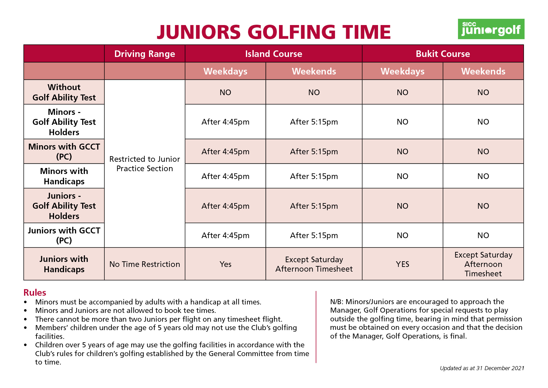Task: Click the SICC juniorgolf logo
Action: point(491,29)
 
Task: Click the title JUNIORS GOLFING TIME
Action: point(274,32)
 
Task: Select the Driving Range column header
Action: point(145,54)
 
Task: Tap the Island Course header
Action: point(273,54)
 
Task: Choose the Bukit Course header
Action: point(442,54)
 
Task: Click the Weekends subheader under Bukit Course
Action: point(483,71)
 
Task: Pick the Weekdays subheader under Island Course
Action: point(225,71)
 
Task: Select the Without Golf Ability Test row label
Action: point(64,92)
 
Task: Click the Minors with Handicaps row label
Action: point(64,176)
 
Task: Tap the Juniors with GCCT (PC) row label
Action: point(64,235)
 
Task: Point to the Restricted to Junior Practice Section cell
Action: point(145,164)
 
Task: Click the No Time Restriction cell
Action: point(145,264)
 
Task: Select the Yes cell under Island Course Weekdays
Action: point(225,264)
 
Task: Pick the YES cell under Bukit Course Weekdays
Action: point(402,264)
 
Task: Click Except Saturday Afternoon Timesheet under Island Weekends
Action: point(314,264)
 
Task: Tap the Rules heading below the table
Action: point(35,293)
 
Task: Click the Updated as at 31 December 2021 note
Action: point(482,368)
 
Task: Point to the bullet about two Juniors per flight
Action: point(159,319)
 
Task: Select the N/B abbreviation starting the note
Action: point(336,302)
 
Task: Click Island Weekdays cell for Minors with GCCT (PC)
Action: point(225,152)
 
